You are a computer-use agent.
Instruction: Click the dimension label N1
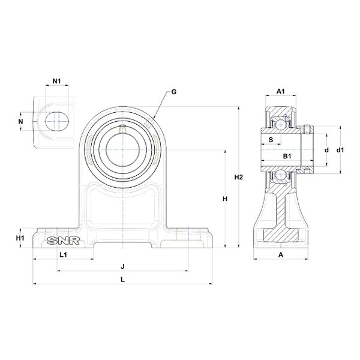coord(56,81)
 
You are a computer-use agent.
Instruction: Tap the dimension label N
coord(22,122)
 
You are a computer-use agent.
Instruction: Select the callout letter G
coord(173,92)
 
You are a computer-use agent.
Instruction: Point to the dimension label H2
coord(238,178)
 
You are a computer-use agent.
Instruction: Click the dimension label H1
coord(20,238)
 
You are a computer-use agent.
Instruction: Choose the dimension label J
coord(122,266)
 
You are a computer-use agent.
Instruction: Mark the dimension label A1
coord(280,91)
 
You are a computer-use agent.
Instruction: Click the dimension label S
coord(271,140)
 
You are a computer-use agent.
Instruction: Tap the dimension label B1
coord(287,157)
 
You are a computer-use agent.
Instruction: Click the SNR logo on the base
coord(60,242)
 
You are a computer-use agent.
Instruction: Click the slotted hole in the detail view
coord(56,121)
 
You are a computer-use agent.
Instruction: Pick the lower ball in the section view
coord(280,175)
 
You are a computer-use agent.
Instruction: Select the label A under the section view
coord(280,255)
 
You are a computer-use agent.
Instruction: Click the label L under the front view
coord(122,279)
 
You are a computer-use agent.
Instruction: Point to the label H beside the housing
coord(225,199)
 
